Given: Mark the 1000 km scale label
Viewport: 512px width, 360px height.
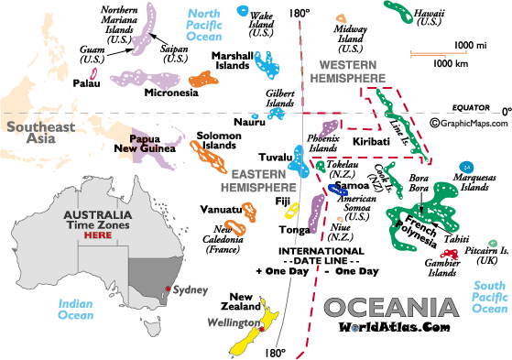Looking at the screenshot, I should [x=451, y=63].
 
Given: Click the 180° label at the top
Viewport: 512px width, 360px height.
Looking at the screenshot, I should [x=299, y=15].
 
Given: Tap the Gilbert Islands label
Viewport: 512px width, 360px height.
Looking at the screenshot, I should [x=280, y=98].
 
